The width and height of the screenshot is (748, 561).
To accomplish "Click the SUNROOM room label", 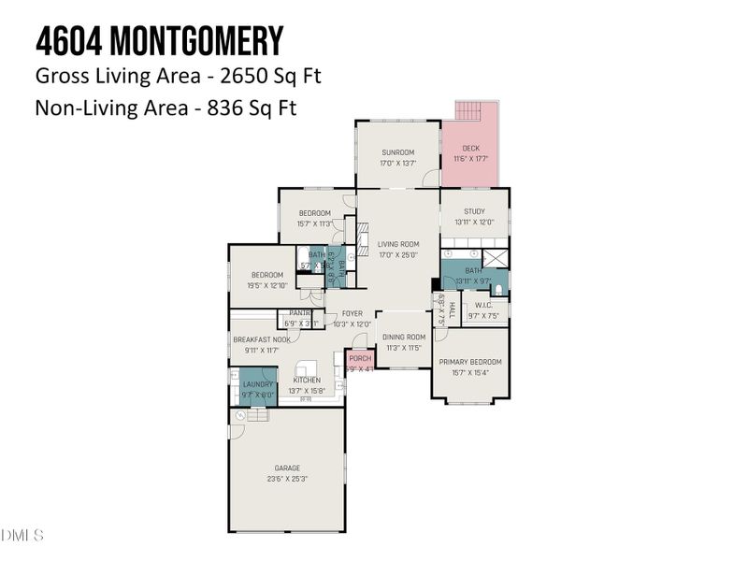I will click(397, 152).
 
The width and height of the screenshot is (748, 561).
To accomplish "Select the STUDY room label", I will click(474, 211).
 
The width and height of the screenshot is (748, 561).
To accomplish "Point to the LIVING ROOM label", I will click(397, 244).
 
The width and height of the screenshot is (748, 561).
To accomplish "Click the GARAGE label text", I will click(287, 467).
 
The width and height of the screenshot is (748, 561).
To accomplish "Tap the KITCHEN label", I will click(307, 381).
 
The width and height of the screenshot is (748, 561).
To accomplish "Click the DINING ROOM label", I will click(404, 337).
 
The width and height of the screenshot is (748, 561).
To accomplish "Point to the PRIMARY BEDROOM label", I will click(471, 362).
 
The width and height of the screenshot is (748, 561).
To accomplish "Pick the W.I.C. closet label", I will click(483, 305).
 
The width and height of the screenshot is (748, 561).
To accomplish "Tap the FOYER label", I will click(352, 313).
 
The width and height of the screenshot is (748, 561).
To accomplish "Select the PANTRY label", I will click(300, 313).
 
